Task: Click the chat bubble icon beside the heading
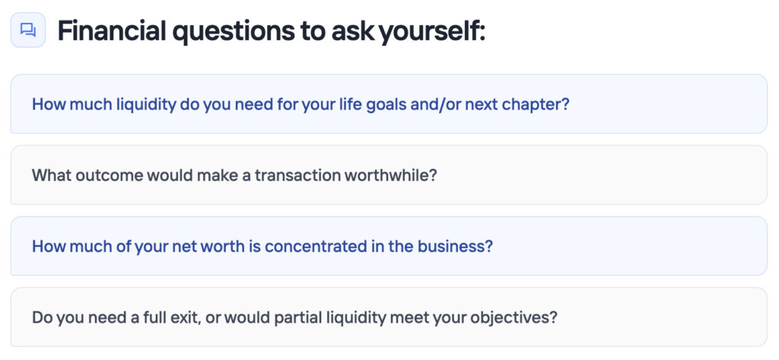28,30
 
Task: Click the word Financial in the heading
111,31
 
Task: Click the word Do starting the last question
42,317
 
